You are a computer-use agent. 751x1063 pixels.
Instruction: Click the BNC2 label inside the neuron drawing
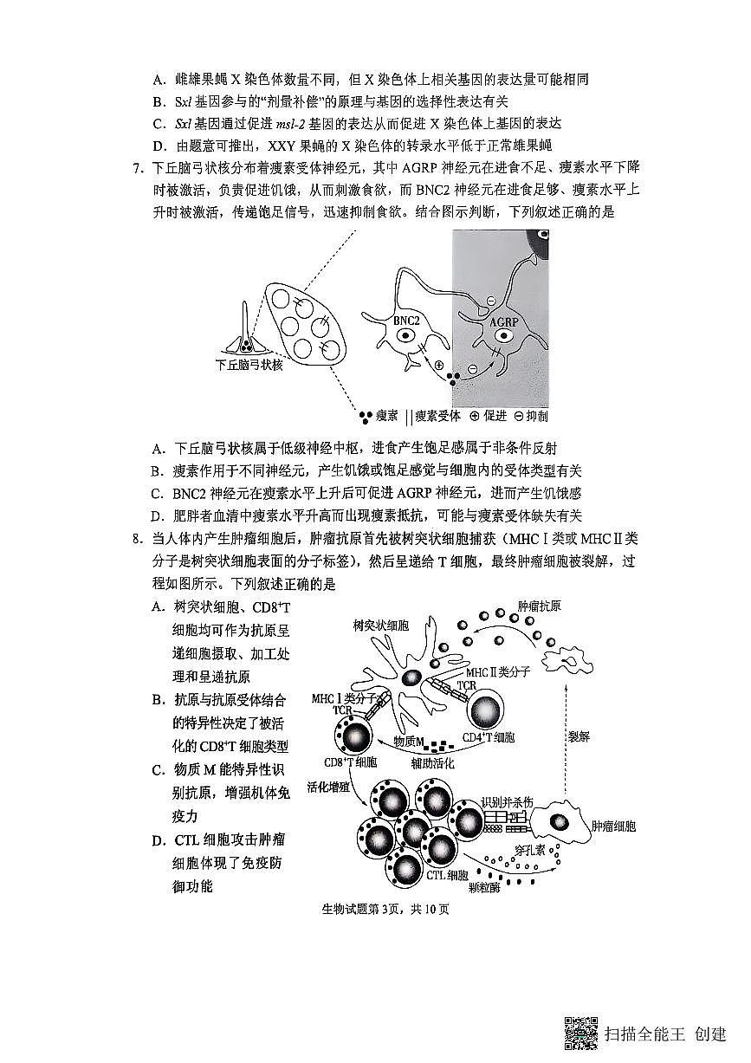click(x=406, y=320)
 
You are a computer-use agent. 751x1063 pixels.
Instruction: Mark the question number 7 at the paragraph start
click(x=139, y=166)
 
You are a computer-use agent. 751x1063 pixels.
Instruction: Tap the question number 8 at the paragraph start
click(x=139, y=539)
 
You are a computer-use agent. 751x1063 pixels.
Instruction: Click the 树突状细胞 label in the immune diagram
click(x=381, y=625)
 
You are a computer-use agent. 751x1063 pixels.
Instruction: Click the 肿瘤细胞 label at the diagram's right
click(x=612, y=826)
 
